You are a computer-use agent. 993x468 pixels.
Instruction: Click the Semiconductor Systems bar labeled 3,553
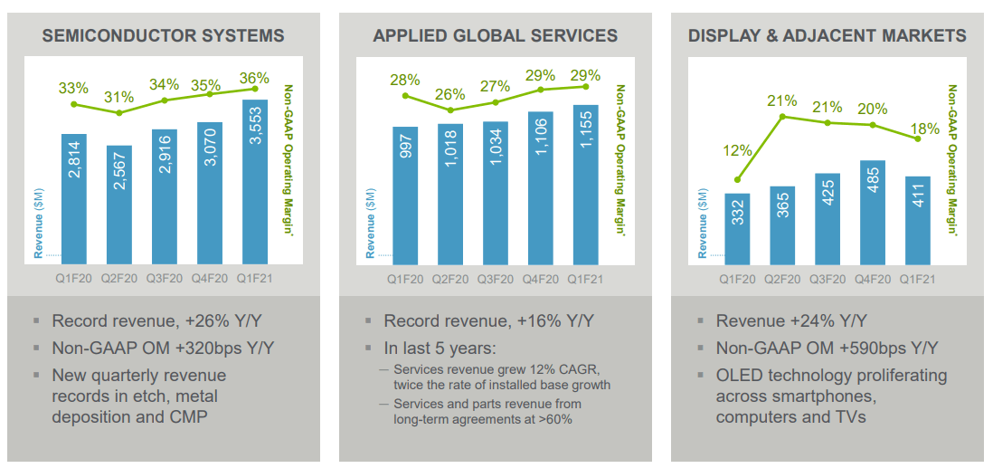coord(255,181)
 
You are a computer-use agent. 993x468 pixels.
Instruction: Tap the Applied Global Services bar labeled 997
coord(405,195)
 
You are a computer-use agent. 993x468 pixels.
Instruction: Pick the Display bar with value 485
coord(873,213)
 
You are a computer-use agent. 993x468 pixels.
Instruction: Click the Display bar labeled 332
coord(737,229)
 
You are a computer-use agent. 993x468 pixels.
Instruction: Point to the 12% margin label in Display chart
coord(737,150)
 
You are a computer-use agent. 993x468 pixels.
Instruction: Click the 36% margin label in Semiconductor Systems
coord(255,78)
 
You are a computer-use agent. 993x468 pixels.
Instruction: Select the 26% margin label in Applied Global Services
coord(450,94)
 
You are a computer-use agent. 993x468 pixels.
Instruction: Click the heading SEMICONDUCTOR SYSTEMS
coord(163,36)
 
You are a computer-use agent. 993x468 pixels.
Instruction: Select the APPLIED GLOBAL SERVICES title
coord(495,36)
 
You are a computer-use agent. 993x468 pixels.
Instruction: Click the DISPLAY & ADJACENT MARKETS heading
coord(827,36)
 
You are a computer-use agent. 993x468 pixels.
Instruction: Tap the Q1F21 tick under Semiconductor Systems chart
coord(255,279)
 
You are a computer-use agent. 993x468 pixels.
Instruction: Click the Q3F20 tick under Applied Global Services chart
coord(496,279)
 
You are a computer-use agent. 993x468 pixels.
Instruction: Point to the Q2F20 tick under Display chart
coord(782,279)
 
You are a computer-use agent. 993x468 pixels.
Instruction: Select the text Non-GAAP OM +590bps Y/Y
coord(827,348)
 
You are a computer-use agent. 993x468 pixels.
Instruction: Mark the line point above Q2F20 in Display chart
coord(782,117)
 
